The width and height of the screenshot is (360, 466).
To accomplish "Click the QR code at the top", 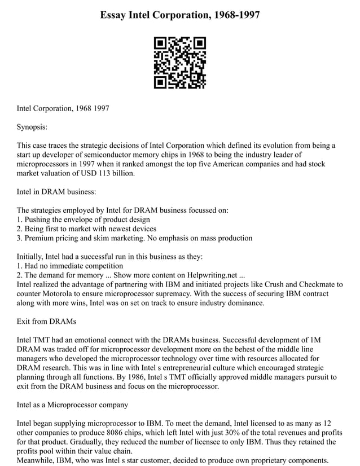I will pyautogui.click(x=179, y=63).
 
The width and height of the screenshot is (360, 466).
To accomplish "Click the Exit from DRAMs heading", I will pyautogui.click(x=47, y=321).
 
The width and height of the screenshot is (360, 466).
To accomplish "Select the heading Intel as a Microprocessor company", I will pyautogui.click(x=72, y=404).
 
